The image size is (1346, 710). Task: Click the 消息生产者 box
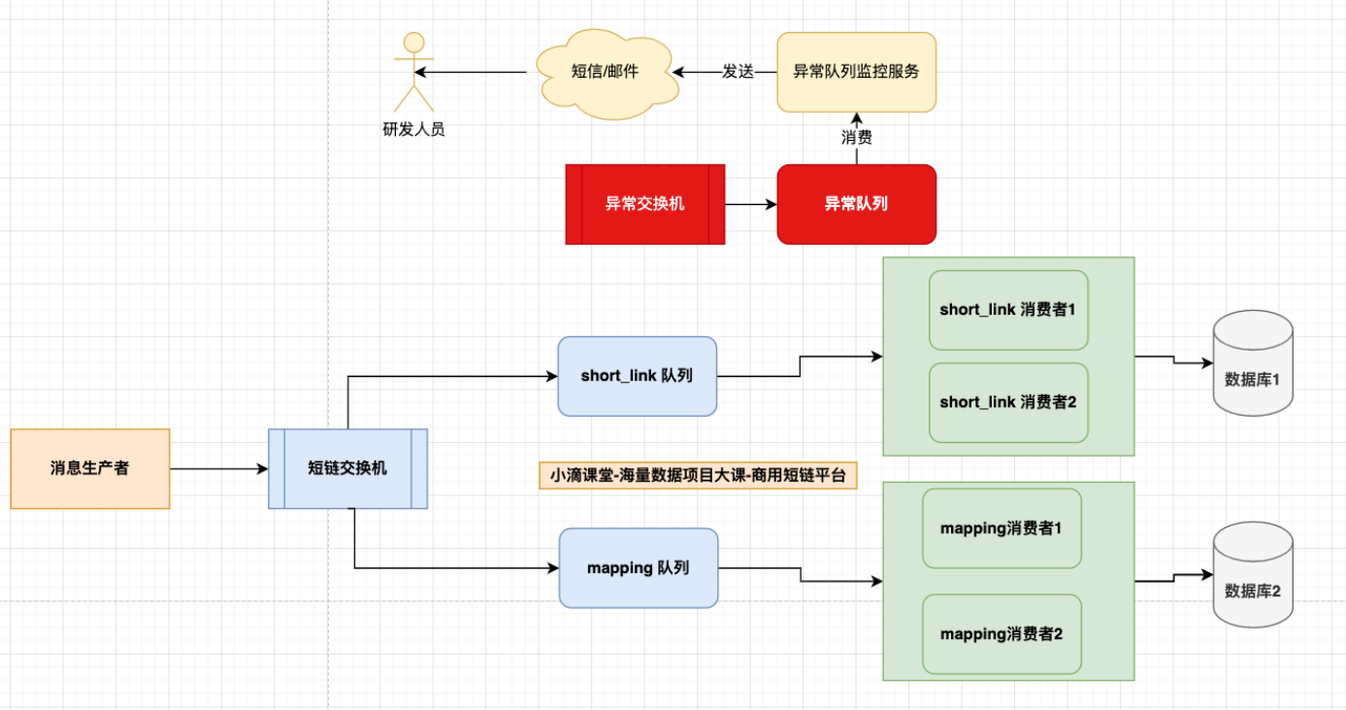pos(90,468)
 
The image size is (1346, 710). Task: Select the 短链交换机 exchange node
pos(347,468)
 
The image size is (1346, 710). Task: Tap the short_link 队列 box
pos(637,376)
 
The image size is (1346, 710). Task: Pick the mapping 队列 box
pos(639,568)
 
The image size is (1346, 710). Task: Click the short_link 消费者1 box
pos(1008,310)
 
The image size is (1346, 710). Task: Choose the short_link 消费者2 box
pos(1008,402)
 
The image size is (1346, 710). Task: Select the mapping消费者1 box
pos(1001,528)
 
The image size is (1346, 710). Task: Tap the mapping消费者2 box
pos(1001,634)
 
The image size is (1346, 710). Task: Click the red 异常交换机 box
pos(645,204)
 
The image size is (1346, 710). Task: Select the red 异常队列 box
pos(856,204)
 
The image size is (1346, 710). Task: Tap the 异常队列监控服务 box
pos(856,72)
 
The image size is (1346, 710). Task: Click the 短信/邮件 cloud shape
pos(606,72)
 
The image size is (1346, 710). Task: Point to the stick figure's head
pos(414,43)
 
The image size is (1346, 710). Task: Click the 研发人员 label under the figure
pos(414,129)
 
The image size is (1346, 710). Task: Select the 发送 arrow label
pos(738,72)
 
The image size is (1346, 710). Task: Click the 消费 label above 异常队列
pos(856,137)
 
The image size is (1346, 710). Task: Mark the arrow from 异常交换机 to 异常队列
pos(750,204)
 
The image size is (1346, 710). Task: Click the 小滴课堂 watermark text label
pos(698,475)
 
